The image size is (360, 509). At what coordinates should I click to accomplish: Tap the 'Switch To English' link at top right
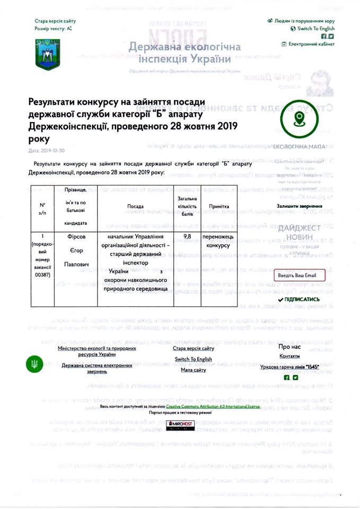pyautogui.click(x=315, y=28)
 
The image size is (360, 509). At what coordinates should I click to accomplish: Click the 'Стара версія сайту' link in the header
pyautogui.click(x=51, y=21)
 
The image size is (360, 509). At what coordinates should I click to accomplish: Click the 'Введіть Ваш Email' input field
pyautogui.click(x=300, y=275)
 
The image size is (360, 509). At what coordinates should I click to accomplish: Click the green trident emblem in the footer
pyautogui.click(x=35, y=364)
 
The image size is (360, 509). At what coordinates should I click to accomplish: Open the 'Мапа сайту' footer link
pyautogui.click(x=194, y=370)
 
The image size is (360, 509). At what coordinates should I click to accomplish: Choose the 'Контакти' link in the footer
pyautogui.click(x=289, y=356)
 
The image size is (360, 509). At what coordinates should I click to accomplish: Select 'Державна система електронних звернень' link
pyautogui.click(x=96, y=368)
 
